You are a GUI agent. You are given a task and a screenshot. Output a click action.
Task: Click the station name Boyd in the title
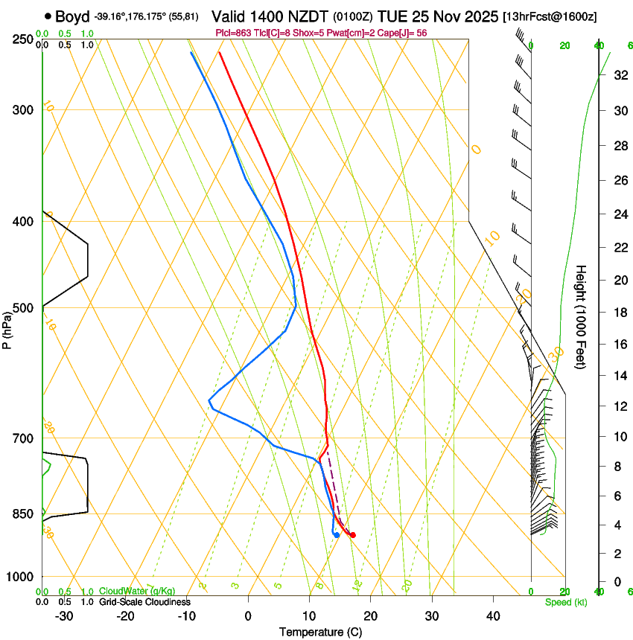click(x=72, y=16)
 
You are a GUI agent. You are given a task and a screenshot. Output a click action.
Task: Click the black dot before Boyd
click(x=48, y=16)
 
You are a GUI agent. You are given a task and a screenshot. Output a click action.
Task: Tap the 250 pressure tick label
click(x=23, y=39)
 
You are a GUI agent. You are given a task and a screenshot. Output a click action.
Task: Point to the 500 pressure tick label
click(x=23, y=308)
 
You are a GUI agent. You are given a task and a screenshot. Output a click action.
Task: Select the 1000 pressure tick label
click(x=20, y=577)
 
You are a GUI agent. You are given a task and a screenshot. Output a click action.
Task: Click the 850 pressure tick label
click(x=23, y=514)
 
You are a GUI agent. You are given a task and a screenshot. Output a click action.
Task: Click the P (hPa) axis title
click(x=7, y=328)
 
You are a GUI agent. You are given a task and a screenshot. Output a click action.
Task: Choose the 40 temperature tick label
click(x=493, y=616)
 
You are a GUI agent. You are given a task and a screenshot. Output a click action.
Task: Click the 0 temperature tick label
click(x=248, y=616)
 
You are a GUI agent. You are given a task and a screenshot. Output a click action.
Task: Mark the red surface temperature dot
click(x=353, y=535)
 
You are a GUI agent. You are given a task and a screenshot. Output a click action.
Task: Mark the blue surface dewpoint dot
click(x=337, y=535)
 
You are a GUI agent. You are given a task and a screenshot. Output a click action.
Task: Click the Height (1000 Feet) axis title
click(x=582, y=316)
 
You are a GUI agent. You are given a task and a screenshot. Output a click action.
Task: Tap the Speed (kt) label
click(x=565, y=602)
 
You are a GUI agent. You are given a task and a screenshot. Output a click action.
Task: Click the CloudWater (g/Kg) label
click(x=133, y=591)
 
